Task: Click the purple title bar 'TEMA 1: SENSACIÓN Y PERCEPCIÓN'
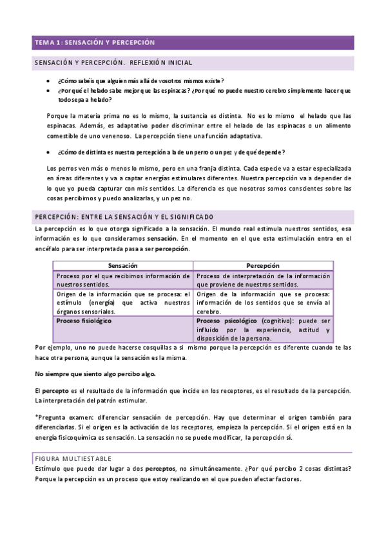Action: [x=95, y=42]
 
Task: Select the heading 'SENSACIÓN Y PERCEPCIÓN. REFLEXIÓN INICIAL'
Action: [x=113, y=63]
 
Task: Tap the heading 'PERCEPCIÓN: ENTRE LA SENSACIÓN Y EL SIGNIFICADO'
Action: [x=124, y=216]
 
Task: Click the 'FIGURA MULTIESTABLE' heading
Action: [x=73, y=458]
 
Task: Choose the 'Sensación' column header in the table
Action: [x=122, y=265]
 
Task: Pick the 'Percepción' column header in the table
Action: [x=262, y=265]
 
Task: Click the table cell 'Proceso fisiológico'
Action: [x=84, y=320]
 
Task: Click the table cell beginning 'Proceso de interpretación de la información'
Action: [x=263, y=279]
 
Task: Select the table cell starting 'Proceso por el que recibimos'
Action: [x=121, y=279]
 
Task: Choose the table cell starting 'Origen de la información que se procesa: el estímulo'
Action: [x=121, y=302]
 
